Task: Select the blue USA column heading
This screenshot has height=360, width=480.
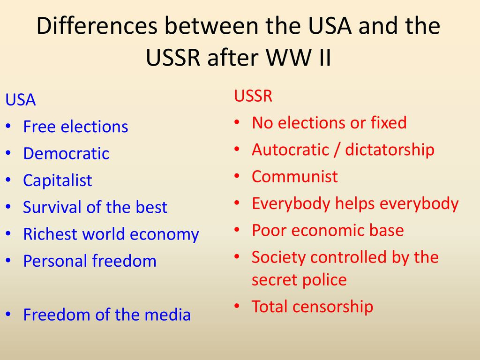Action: pos(21,100)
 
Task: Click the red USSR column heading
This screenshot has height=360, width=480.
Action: pos(253,96)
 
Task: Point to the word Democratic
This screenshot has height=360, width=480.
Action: pos(66,153)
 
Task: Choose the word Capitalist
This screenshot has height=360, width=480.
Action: pos(58,180)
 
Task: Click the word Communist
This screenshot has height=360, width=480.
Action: pos(294,176)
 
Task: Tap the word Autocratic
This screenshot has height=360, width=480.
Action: pos(290,150)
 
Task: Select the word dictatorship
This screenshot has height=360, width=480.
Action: pos(390,150)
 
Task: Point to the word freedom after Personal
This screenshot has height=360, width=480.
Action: pos(124,261)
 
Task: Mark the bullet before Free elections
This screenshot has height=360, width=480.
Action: pos(8,127)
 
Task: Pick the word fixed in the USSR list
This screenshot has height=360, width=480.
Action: pos(389,122)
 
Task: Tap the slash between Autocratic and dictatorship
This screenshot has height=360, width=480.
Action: pos(337,150)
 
